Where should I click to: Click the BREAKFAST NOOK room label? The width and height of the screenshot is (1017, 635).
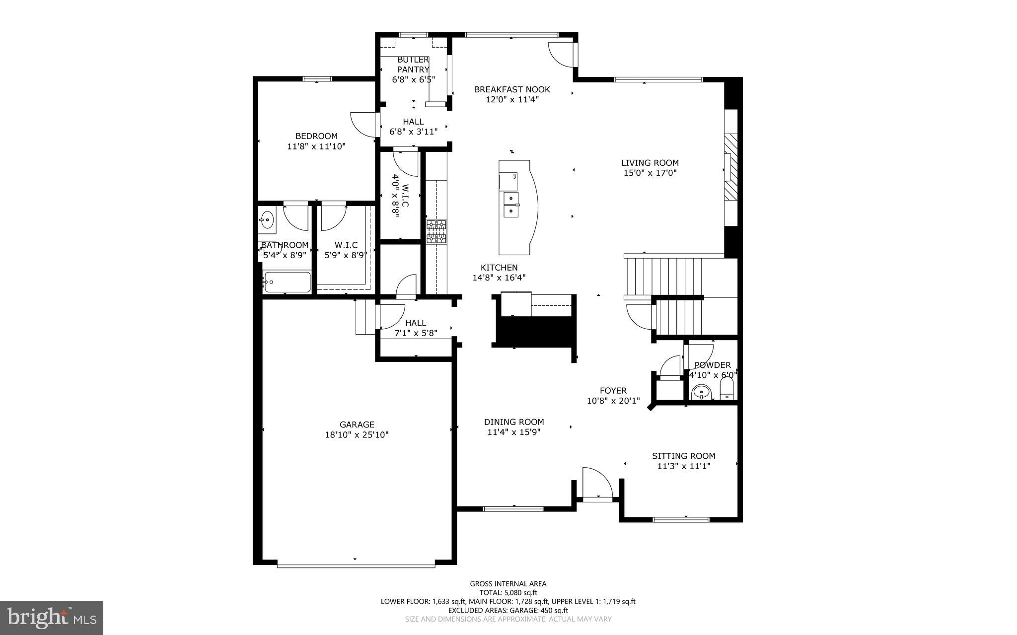point(512,89)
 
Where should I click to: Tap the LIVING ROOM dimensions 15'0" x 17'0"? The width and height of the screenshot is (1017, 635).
point(650,173)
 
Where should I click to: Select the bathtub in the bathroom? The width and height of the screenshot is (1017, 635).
point(288,282)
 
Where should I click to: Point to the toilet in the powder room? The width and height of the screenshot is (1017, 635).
point(727,390)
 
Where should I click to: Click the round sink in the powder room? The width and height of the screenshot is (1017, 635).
point(701,392)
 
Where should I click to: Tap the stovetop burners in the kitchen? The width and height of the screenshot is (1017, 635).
point(436,232)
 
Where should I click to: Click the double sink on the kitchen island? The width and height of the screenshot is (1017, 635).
point(511,205)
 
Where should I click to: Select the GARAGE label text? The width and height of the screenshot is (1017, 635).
point(357,424)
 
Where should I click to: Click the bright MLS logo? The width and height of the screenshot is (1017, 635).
point(51,618)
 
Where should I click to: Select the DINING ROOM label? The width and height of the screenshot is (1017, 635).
point(513,422)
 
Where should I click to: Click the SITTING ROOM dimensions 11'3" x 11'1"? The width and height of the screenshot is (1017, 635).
point(683,466)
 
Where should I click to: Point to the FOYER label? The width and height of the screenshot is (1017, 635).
point(613,391)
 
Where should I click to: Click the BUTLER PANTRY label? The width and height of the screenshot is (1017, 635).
point(413,65)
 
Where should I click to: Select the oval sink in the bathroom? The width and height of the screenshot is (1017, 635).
point(267,219)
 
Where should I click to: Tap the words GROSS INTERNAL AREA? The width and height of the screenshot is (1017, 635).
point(508,584)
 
